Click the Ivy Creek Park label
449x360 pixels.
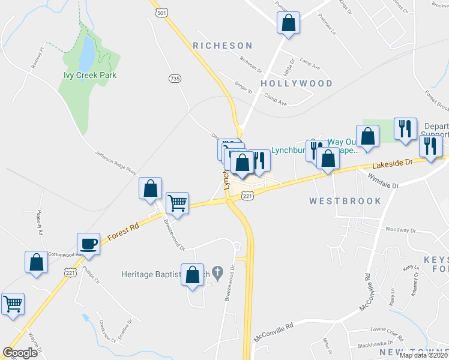click(x=90, y=76)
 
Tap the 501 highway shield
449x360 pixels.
click(x=160, y=12)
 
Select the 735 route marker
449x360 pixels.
click(x=175, y=79)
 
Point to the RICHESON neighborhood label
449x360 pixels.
click(x=223, y=46)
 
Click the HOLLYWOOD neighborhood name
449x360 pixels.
click(x=297, y=83)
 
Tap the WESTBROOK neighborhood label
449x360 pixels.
click(x=345, y=201)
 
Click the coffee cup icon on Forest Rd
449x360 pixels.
click(x=88, y=243)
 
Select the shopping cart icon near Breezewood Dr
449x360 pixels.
click(x=177, y=203)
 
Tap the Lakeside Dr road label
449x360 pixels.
click(x=392, y=163)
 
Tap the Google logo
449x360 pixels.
click(x=20, y=352)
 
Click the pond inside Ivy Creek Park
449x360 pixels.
click(x=86, y=53)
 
